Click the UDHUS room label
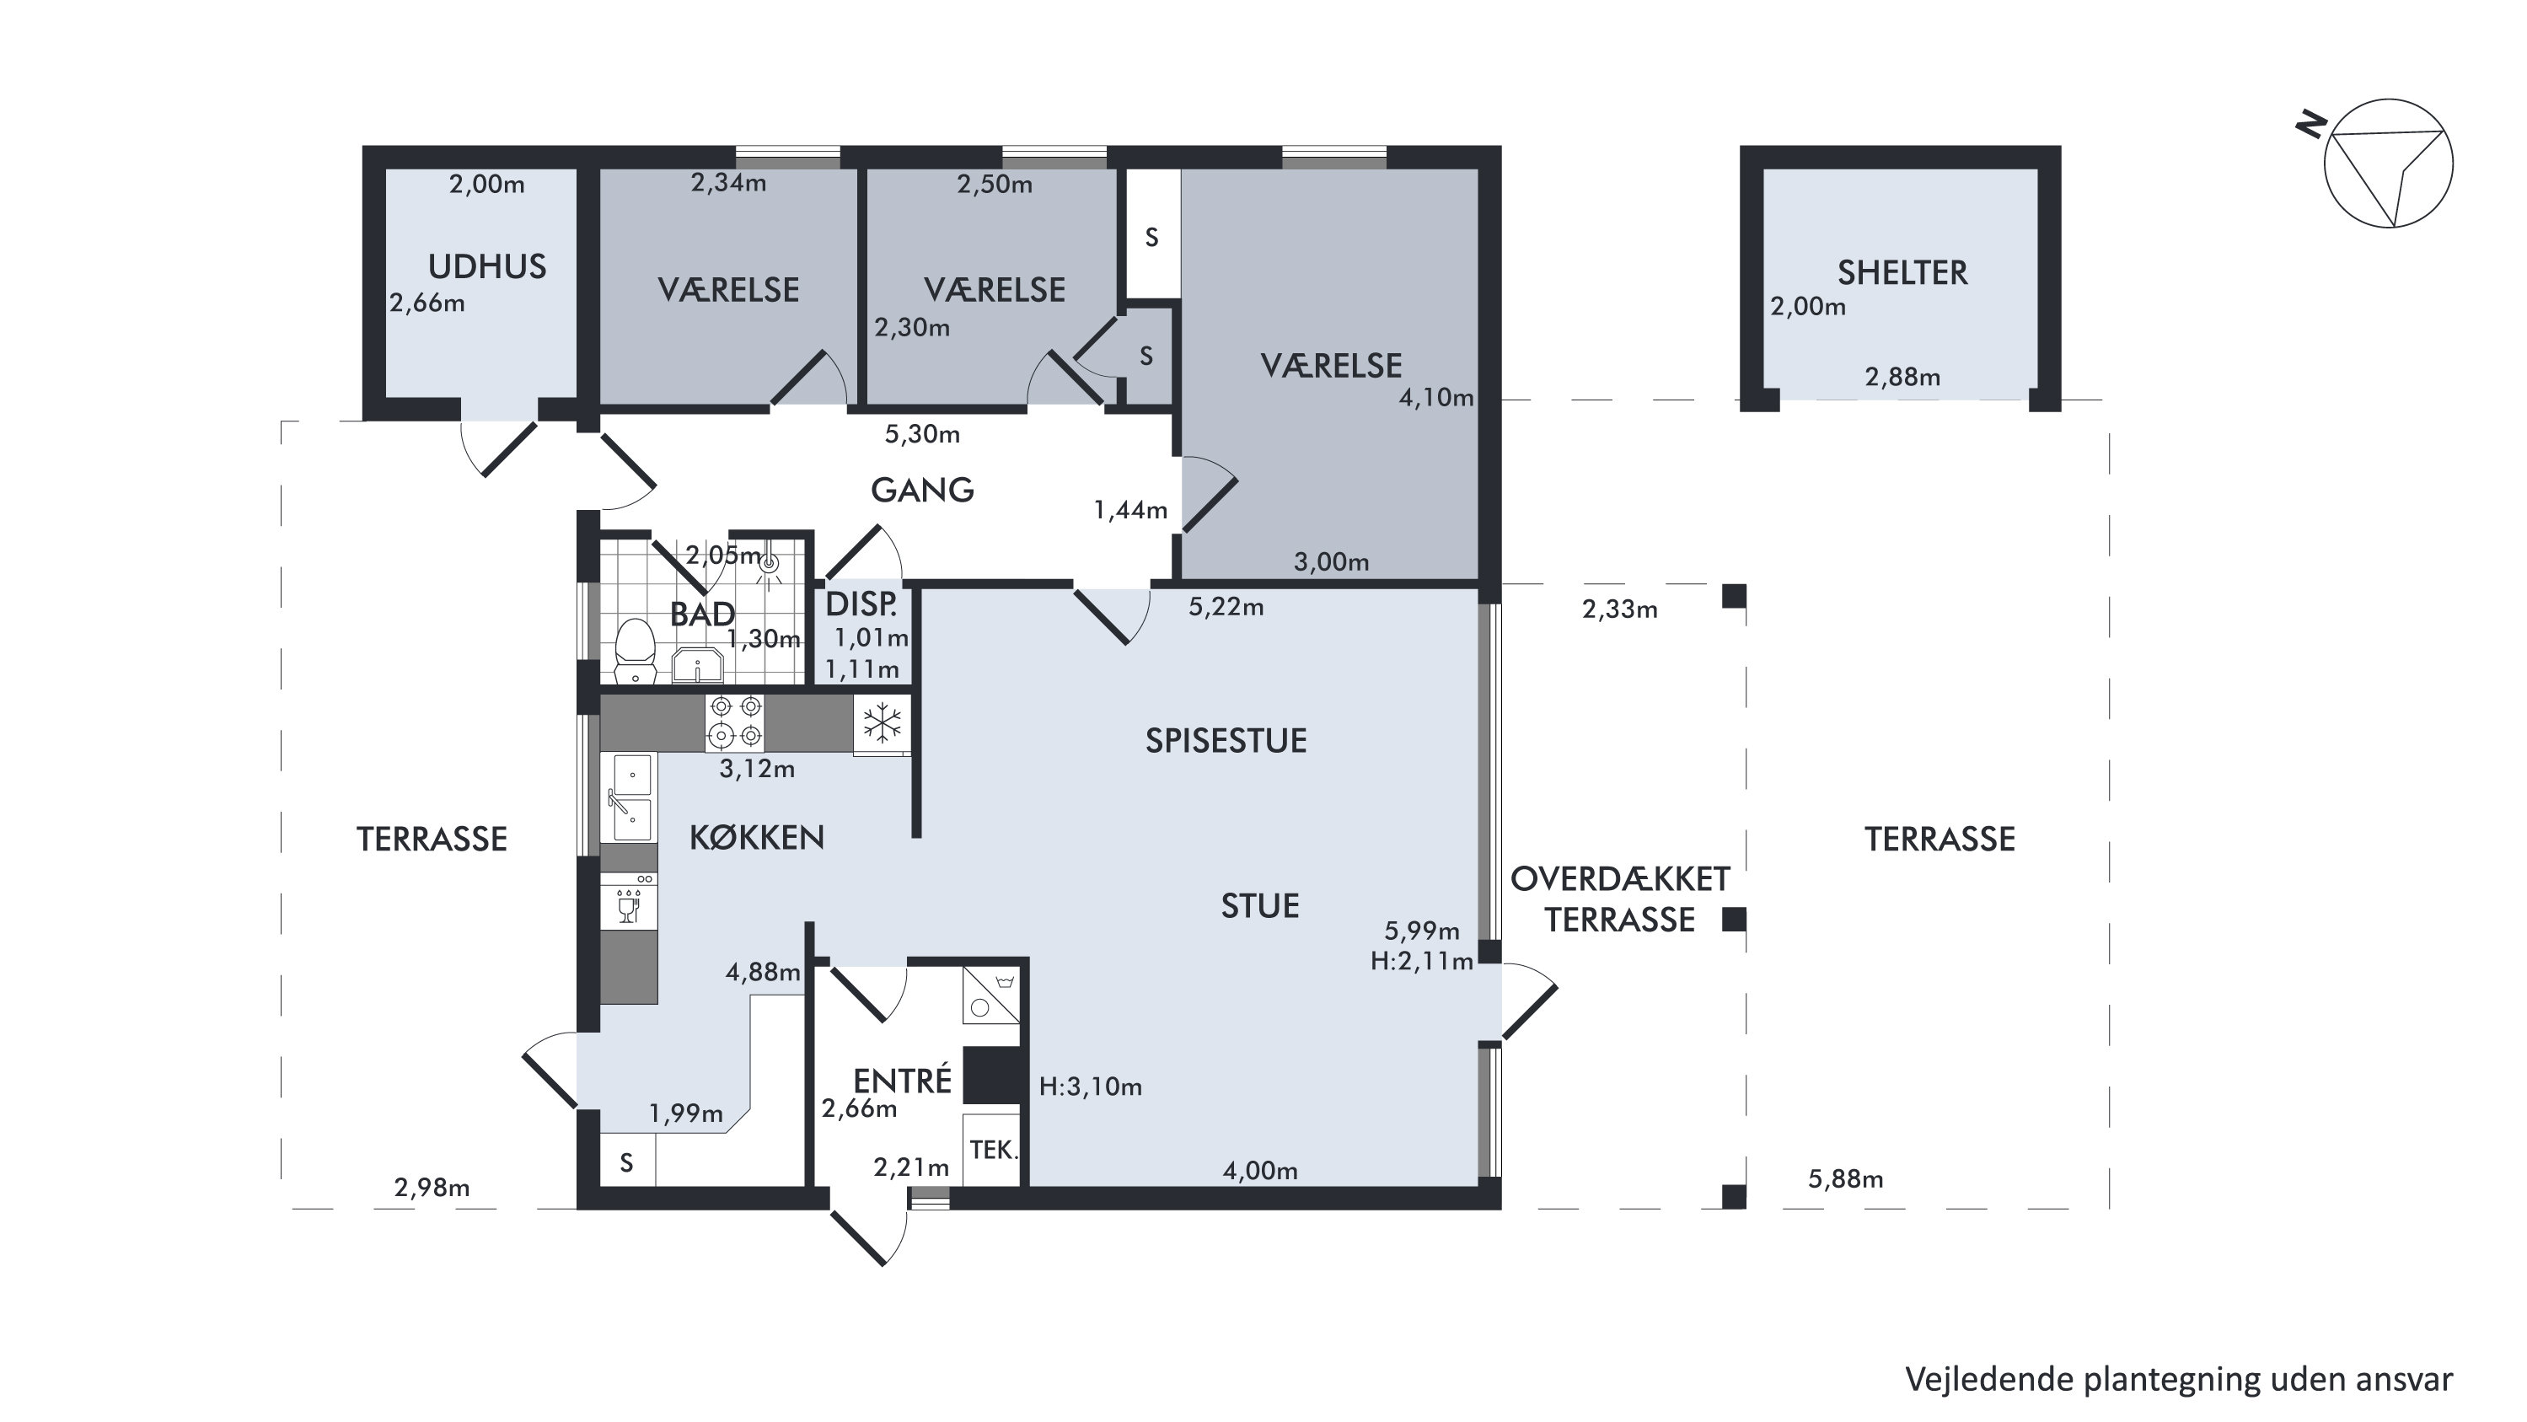[x=487, y=266]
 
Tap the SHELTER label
[x=1902, y=272]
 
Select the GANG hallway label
[x=922, y=490]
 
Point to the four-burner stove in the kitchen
[x=735, y=722]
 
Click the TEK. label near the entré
[x=994, y=1150]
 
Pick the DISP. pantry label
[x=861, y=604]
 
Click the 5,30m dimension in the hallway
[x=922, y=433]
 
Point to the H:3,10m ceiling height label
[x=1091, y=1087]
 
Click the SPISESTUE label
[x=1226, y=740]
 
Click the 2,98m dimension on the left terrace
[x=432, y=1188]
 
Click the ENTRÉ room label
[x=903, y=1081]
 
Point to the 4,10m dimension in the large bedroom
[x=1436, y=397]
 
